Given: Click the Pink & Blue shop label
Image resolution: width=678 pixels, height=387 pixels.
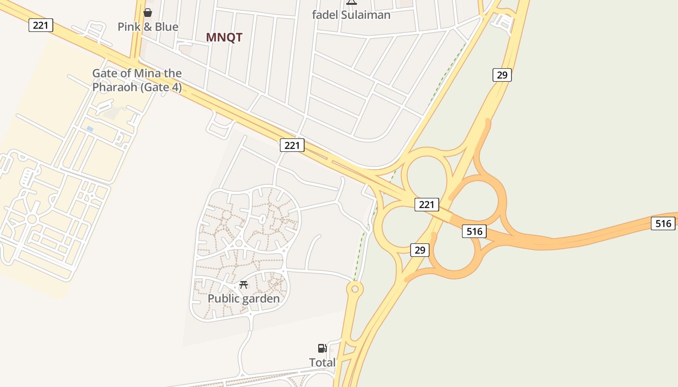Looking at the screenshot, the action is click(148, 27).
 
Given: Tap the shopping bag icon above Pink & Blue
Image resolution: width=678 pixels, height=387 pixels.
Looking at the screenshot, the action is click(148, 12).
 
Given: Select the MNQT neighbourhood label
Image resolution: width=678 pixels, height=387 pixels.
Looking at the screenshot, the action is click(224, 37).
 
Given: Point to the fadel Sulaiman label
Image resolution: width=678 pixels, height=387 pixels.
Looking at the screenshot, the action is click(351, 15).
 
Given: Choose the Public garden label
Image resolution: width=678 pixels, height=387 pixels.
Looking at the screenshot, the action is click(244, 298).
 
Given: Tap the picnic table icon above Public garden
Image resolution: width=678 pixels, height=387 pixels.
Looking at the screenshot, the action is click(244, 285).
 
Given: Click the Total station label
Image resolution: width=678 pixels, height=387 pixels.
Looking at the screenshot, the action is click(322, 362).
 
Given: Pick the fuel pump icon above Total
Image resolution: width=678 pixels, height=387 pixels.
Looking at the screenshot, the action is click(322, 348).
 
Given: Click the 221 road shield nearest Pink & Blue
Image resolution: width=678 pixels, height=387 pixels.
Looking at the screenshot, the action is click(41, 25).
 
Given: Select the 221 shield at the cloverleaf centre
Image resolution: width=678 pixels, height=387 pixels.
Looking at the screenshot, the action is click(427, 205).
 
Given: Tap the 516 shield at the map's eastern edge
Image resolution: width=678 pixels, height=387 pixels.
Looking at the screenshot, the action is click(663, 223).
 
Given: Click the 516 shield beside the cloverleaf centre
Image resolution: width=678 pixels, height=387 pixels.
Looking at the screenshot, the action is click(474, 231).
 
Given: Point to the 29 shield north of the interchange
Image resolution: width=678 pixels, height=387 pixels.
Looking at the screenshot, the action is click(502, 75).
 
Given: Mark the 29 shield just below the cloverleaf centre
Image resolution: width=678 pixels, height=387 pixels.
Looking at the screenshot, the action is click(419, 250).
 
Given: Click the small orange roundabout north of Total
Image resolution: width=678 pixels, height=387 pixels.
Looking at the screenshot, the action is click(355, 289).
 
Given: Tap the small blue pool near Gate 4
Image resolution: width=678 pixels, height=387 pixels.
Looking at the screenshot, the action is click(90, 129).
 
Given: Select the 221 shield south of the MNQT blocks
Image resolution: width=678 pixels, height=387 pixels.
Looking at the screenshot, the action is click(292, 145).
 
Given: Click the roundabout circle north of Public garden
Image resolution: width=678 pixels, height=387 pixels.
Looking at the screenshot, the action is click(239, 243).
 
